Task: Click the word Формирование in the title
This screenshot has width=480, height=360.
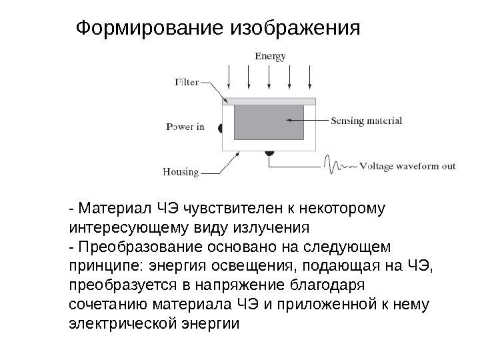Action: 151,29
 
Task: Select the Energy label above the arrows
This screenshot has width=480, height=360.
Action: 271,57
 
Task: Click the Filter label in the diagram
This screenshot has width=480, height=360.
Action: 187,83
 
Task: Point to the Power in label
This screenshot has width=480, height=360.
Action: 185,127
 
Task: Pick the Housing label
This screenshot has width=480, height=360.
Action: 181,172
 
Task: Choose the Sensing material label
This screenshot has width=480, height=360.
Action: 367,121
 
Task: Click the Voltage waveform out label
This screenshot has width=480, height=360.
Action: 407,167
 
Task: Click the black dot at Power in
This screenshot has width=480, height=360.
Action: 221,129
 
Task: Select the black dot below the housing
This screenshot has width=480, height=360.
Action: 269,154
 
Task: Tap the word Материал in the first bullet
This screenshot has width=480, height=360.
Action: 107,211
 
